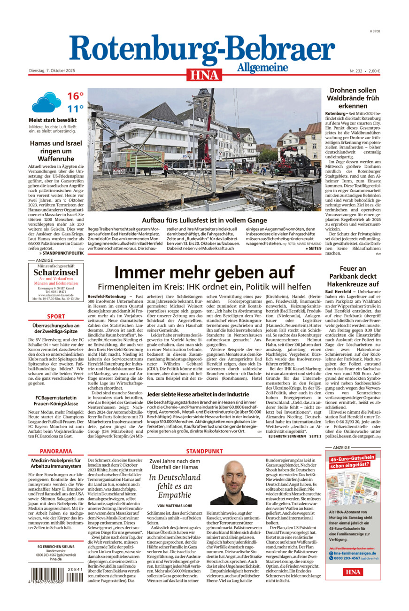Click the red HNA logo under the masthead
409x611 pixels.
[204, 75]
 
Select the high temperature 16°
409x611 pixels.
[75, 96]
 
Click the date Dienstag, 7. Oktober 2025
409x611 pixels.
[52, 70]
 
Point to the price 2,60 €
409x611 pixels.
[374, 71]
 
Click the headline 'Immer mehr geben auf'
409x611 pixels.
[204, 272]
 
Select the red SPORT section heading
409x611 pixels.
[56, 316]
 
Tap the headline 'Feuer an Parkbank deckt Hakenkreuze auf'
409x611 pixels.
[353, 276]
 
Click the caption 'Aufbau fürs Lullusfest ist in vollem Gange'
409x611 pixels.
[204, 220]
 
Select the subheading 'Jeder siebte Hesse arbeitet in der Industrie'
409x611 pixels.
[198, 395]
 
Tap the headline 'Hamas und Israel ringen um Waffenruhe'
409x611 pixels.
[56, 151]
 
